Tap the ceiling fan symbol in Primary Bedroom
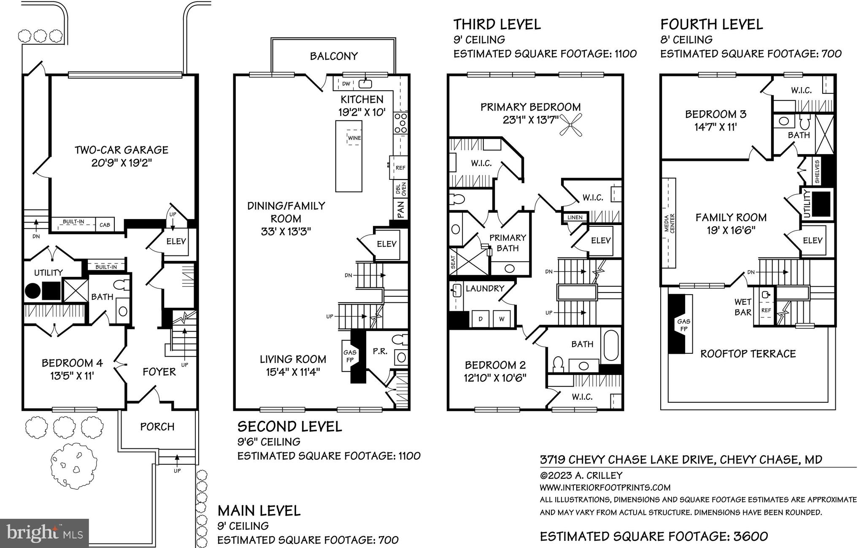point(570,125)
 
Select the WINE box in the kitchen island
point(354,138)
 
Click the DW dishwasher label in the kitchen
point(346,84)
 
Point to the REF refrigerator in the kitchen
point(400,168)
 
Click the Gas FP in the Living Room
point(350,356)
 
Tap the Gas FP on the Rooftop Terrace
point(683,325)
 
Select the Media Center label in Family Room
point(669,223)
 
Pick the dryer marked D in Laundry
point(480,319)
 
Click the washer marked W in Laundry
point(502,319)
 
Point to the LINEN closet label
point(575,217)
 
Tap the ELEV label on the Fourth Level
point(813,241)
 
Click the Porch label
point(157,427)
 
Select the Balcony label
point(334,56)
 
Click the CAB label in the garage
point(105,225)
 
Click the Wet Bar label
point(743,307)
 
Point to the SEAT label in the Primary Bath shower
point(453,262)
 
